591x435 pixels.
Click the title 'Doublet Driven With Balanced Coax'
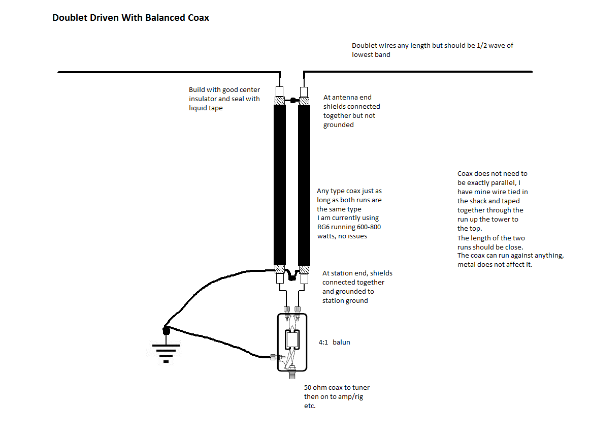point(130,18)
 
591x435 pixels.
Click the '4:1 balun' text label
point(334,342)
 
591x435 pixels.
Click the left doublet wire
point(168,72)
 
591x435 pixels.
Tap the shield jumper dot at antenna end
point(293,101)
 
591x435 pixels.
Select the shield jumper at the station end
point(291,276)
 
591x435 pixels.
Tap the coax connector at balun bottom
point(292,376)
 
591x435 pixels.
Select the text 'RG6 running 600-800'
point(349,227)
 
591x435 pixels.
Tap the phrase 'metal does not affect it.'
point(495,265)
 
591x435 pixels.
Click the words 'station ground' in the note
point(345,300)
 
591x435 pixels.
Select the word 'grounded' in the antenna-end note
point(339,125)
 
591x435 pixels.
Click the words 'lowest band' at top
point(371,54)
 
